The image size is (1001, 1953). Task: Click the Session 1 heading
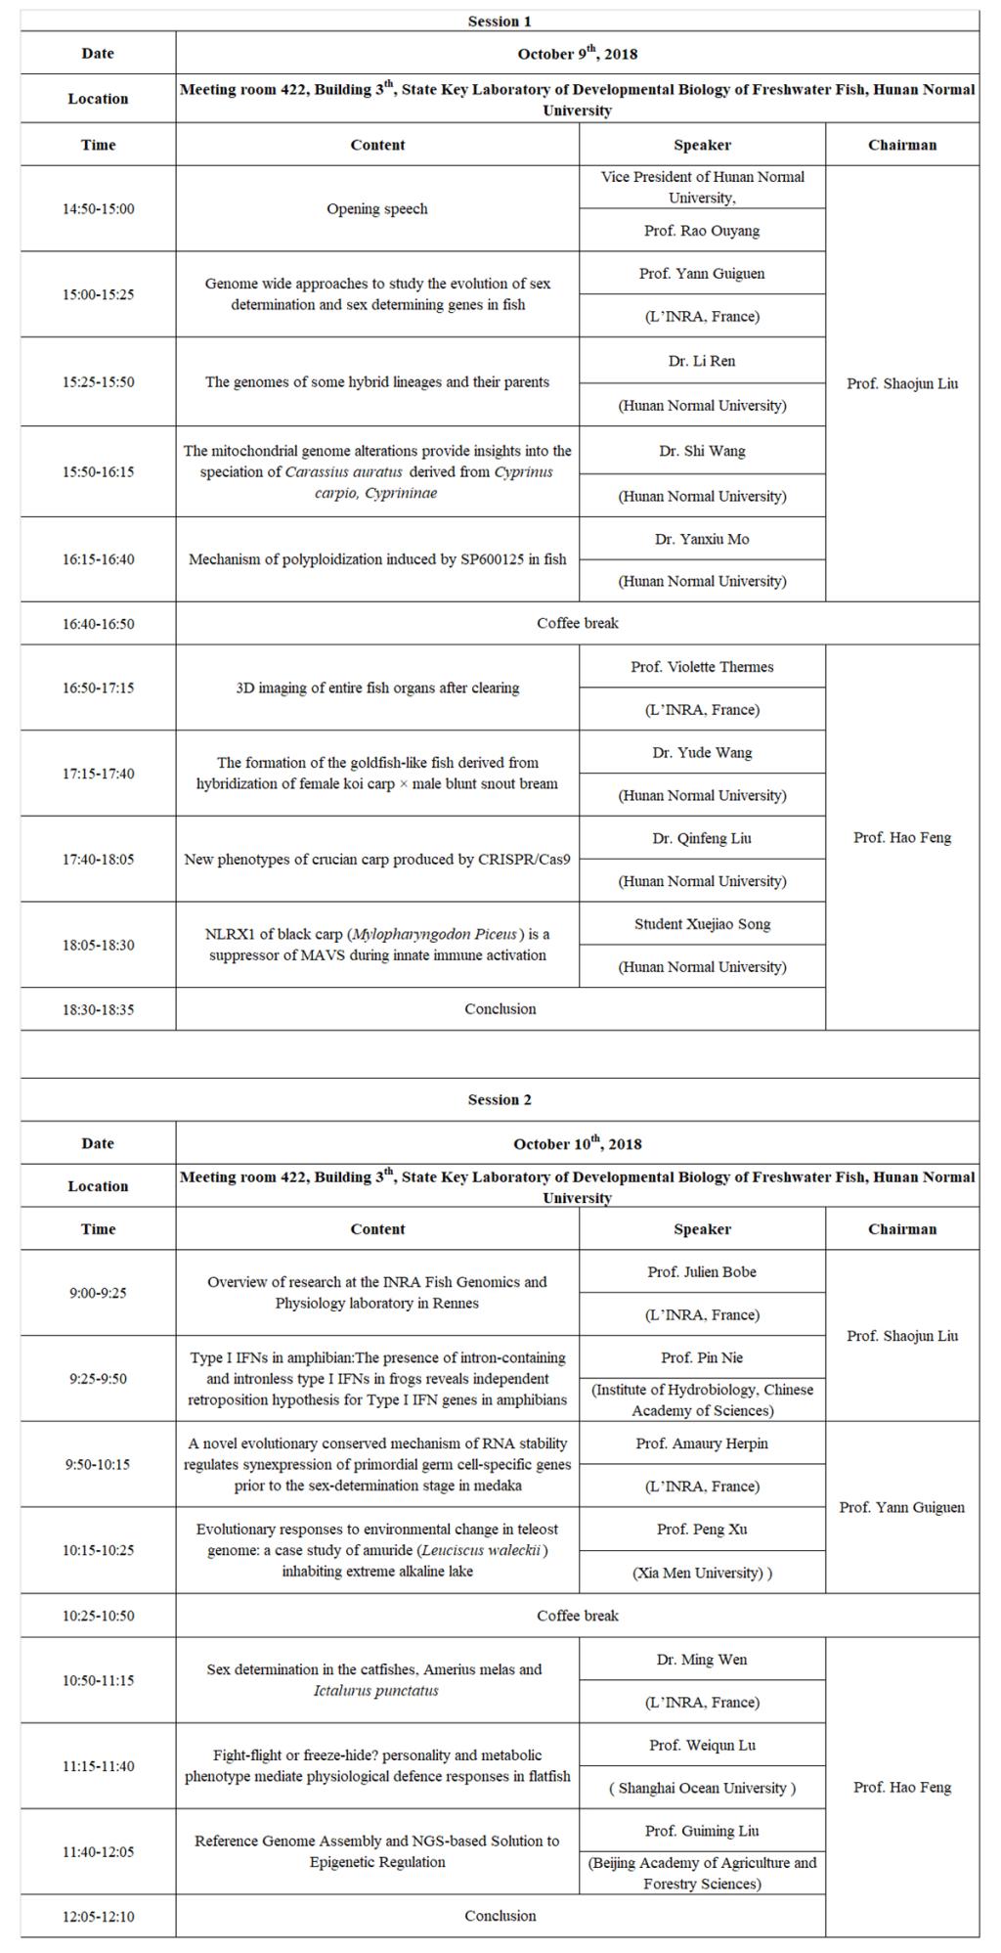[500, 21]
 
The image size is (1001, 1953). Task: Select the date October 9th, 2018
[577, 54]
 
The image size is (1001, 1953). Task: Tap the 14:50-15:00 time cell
[98, 208]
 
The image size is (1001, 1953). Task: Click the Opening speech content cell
[377, 208]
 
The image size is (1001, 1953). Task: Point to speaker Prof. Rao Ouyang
[702, 231]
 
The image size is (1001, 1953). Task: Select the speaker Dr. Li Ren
[702, 361]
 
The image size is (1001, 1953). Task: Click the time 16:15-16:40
[98, 559]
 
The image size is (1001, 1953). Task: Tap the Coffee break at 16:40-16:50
[577, 623]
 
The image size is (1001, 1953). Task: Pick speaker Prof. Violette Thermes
[702, 667]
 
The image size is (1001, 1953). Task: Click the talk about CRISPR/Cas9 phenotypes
[377, 860]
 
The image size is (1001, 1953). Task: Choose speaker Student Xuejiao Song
[702, 924]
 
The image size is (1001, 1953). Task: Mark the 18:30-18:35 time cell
[98, 1009]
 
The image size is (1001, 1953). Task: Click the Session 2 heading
[500, 1099]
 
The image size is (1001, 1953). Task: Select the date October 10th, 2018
[577, 1143]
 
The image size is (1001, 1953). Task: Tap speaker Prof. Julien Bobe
[702, 1272]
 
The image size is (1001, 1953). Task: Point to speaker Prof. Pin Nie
[702, 1357]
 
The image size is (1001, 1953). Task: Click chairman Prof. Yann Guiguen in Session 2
[901, 1507]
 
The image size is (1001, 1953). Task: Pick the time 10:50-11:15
[98, 1680]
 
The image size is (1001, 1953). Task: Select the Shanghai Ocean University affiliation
[702, 1788]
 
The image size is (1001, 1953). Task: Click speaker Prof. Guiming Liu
[702, 1831]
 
